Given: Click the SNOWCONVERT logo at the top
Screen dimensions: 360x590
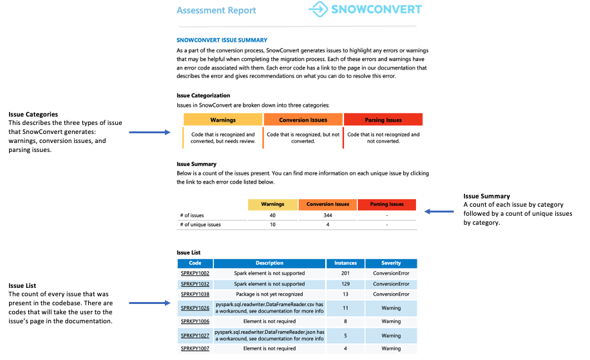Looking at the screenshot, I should [x=365, y=10].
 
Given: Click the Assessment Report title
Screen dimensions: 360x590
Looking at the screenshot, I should [x=216, y=10].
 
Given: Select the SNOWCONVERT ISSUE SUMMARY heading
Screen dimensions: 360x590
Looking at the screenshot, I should [x=222, y=40].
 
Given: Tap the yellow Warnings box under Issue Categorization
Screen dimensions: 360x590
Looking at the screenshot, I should [x=223, y=120].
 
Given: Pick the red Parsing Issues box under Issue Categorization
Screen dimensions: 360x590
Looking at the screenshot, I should [x=383, y=120].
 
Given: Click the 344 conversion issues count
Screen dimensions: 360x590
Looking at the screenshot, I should [x=328, y=215].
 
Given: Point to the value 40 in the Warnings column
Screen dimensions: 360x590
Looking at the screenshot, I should [x=272, y=215].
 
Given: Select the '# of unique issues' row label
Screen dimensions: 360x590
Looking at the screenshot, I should [x=200, y=225].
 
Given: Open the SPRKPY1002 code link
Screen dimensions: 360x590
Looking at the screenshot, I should [x=195, y=273].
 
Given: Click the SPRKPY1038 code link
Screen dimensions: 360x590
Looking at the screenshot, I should [x=195, y=294].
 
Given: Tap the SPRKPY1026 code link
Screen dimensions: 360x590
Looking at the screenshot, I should [x=195, y=308].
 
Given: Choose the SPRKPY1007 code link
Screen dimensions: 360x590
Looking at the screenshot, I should [x=195, y=348].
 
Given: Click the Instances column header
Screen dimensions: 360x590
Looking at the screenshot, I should [x=345, y=263].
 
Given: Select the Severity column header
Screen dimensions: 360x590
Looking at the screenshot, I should [x=391, y=263].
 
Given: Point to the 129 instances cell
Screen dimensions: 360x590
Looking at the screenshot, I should [x=345, y=283].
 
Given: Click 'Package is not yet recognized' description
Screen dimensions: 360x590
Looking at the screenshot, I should [x=269, y=294].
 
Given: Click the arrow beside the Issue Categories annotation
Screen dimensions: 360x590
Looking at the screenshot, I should [x=149, y=133].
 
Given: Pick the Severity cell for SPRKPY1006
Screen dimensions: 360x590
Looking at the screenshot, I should [x=391, y=321].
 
